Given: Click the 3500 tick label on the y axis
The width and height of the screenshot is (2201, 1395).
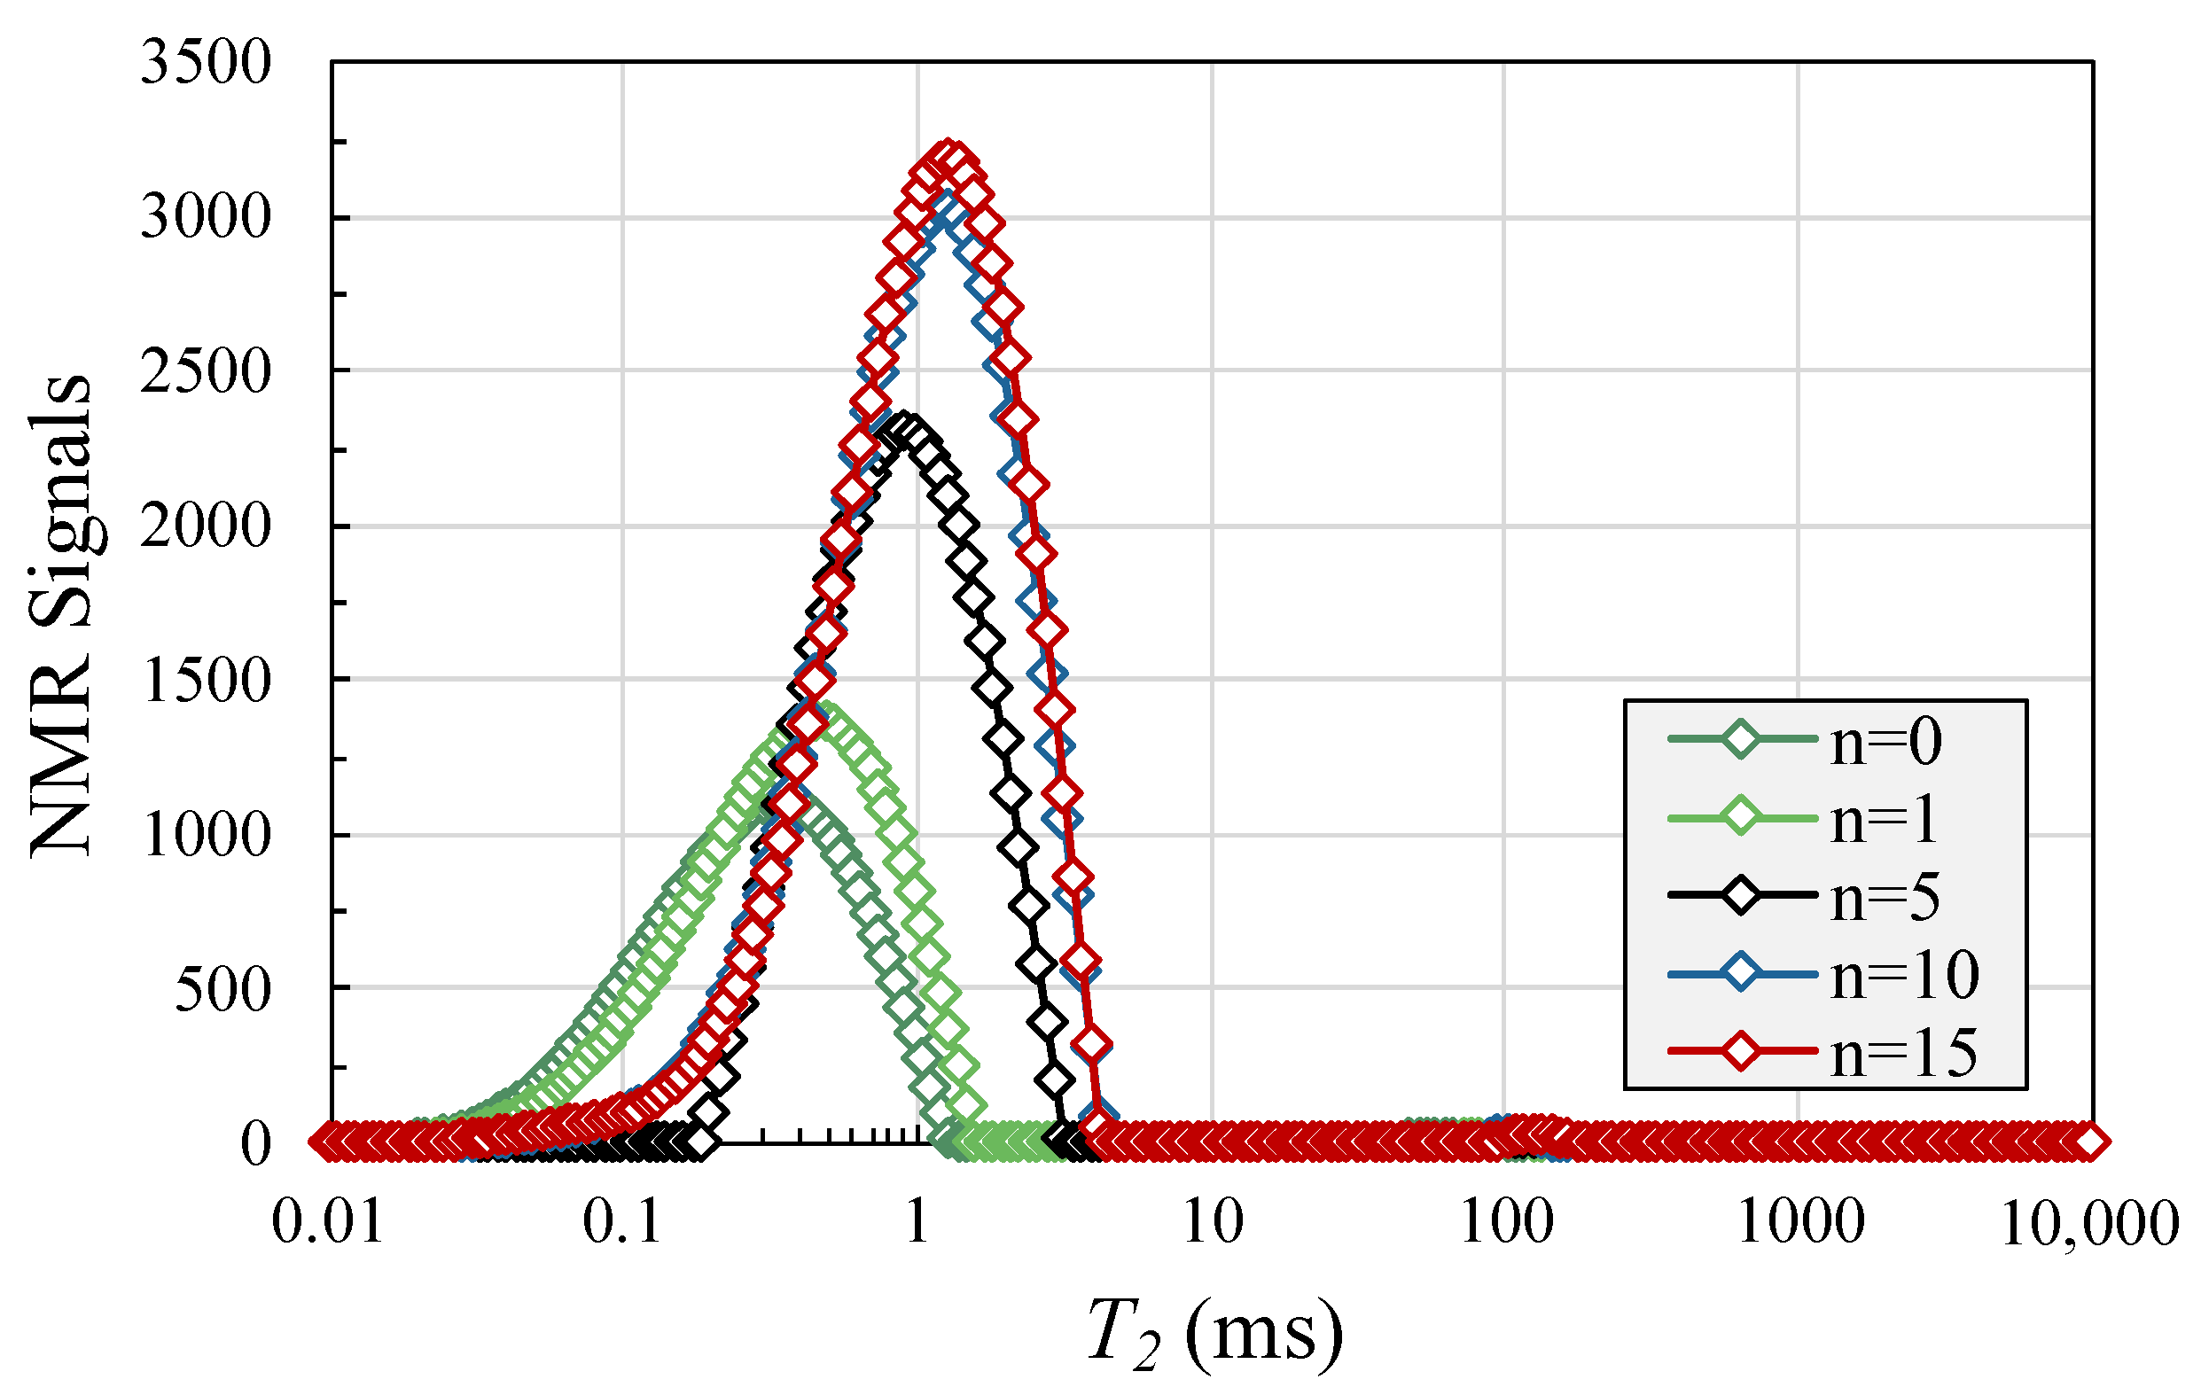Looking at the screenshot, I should coord(206,64).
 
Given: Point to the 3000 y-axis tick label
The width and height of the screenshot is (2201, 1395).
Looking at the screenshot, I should coord(206,219).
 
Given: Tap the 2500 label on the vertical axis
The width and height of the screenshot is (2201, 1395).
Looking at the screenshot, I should coord(206,372).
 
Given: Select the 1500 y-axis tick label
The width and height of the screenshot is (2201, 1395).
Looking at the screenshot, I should coord(206,681).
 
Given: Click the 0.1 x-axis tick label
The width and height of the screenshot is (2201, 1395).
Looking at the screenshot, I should coord(622,1221).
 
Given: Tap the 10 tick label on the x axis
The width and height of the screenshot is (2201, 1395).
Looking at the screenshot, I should coord(1213,1221).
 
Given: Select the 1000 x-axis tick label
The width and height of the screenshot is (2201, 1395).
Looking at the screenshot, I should coord(1799,1221).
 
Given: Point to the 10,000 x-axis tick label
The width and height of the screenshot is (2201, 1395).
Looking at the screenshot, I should coord(2089,1223).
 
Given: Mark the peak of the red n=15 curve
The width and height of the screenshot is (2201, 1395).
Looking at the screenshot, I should coord(950,155).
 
